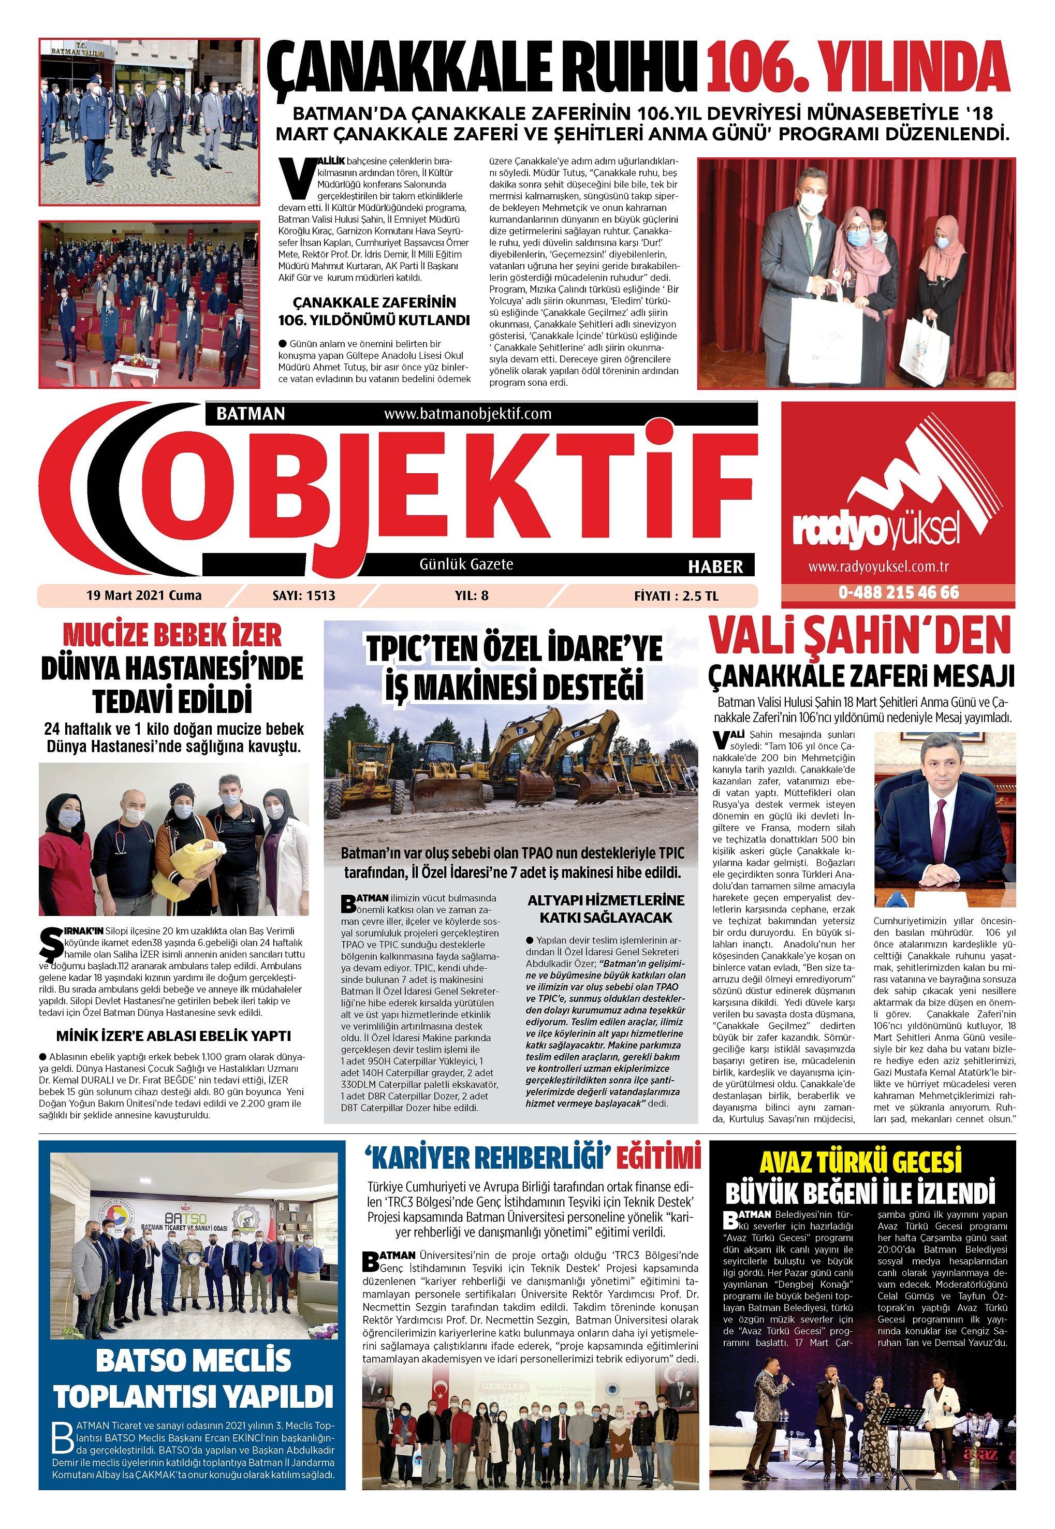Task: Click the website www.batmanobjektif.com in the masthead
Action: [467, 414]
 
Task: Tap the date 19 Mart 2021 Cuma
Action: [144, 595]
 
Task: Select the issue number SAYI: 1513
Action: [303, 595]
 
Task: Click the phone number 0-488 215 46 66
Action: [898, 592]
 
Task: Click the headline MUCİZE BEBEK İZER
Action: [172, 635]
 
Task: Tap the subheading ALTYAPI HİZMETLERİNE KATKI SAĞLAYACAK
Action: [606, 909]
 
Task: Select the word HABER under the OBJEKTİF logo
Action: [715, 566]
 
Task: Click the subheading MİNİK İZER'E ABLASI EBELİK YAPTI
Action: [173, 1036]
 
